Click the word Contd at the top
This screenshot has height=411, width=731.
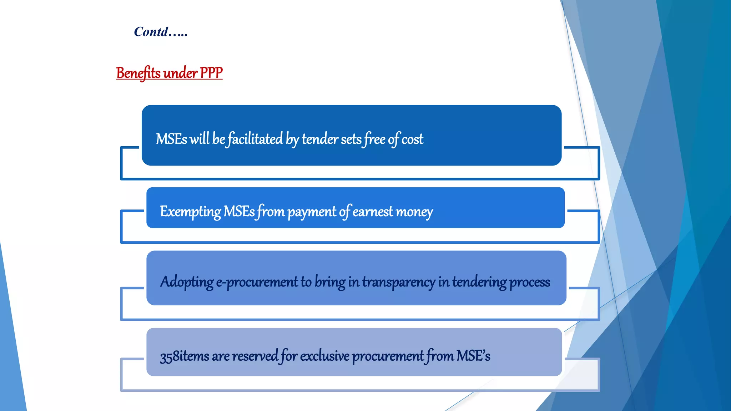151,32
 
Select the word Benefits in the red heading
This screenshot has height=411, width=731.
138,73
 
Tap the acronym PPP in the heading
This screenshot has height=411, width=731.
211,73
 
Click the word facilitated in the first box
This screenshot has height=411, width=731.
255,139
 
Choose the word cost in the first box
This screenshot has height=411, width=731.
412,139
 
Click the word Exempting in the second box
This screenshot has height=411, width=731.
190,212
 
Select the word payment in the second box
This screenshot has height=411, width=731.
312,212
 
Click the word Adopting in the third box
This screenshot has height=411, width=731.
187,282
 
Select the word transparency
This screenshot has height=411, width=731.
399,282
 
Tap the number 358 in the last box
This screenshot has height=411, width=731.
169,356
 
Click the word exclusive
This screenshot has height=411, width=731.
324,356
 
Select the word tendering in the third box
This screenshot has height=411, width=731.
479,282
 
